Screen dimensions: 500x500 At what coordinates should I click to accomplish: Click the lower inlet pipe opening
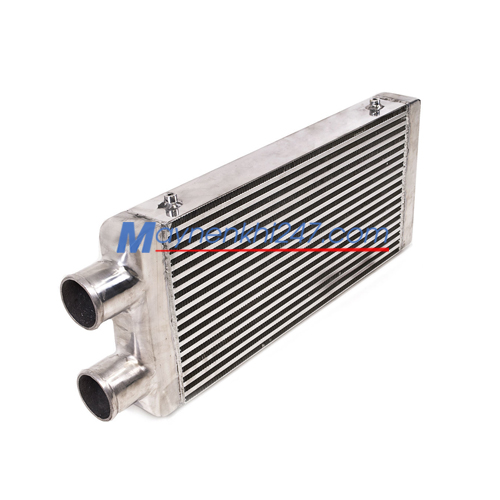pos(96,396)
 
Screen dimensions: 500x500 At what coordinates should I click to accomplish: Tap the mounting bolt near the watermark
pos(171,205)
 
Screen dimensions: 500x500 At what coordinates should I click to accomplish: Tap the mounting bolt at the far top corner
pos(375,106)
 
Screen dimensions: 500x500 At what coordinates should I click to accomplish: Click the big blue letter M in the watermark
pos(137,237)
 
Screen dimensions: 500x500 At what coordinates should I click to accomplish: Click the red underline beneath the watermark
pos(272,249)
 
